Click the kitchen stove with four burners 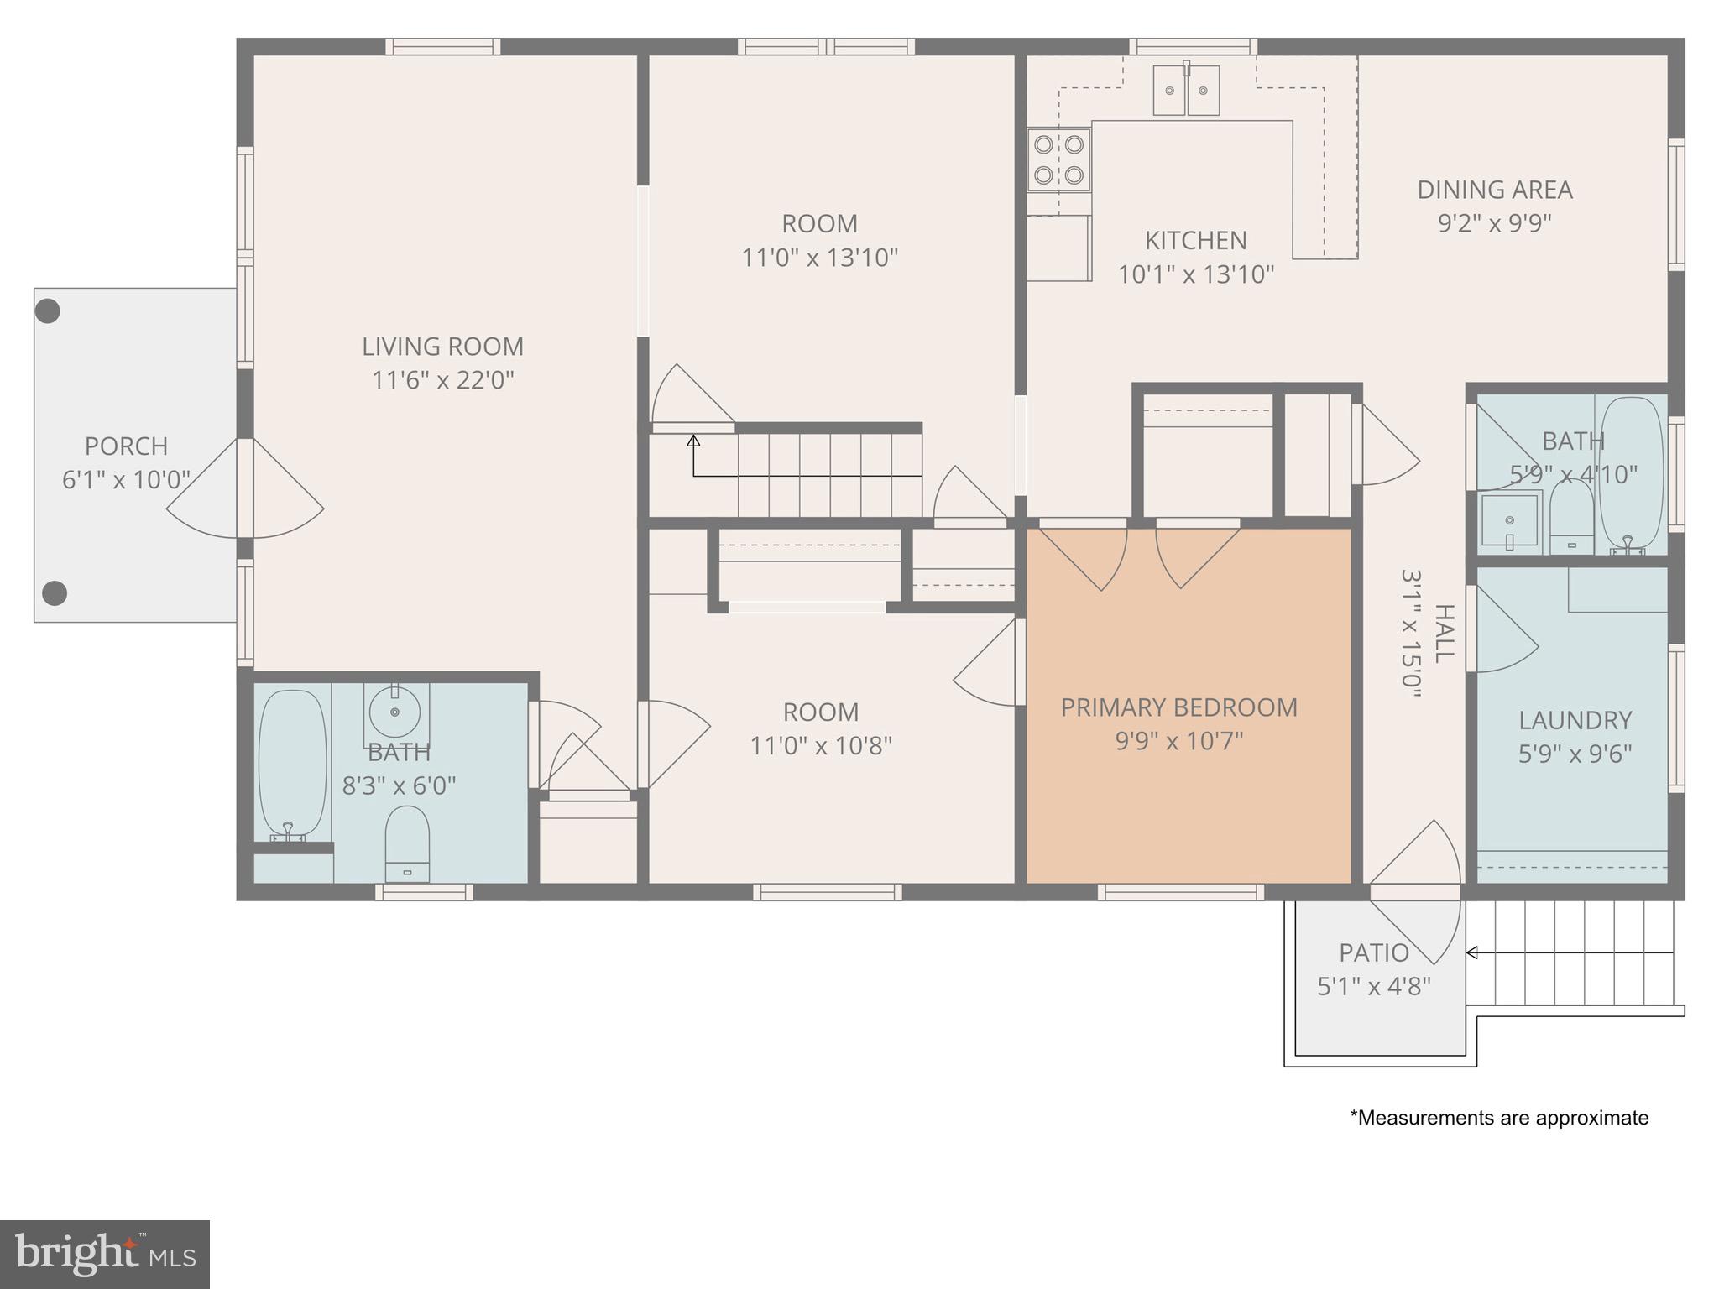pyautogui.click(x=1059, y=159)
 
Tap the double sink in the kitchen pyautogui.click(x=1186, y=89)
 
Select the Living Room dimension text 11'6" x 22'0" pyautogui.click(x=443, y=380)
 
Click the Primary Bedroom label pyautogui.click(x=1179, y=707)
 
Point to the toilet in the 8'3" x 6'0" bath pyautogui.click(x=407, y=844)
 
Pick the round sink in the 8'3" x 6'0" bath pyautogui.click(x=395, y=712)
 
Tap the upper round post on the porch pyautogui.click(x=48, y=311)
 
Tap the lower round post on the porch pyautogui.click(x=55, y=593)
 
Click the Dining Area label pyautogui.click(x=1495, y=190)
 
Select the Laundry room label pyautogui.click(x=1575, y=720)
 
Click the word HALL pyautogui.click(x=1444, y=634)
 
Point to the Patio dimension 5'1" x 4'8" pyautogui.click(x=1374, y=986)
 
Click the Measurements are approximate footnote pyautogui.click(x=1499, y=1118)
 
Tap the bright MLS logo pyautogui.click(x=105, y=1255)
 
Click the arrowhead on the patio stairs pyautogui.click(x=1471, y=952)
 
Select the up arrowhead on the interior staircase pyautogui.click(x=693, y=441)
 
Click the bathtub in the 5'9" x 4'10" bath pyautogui.click(x=1631, y=474)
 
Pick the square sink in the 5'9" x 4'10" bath pyautogui.click(x=1510, y=520)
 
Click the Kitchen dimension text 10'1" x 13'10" pyautogui.click(x=1196, y=274)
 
